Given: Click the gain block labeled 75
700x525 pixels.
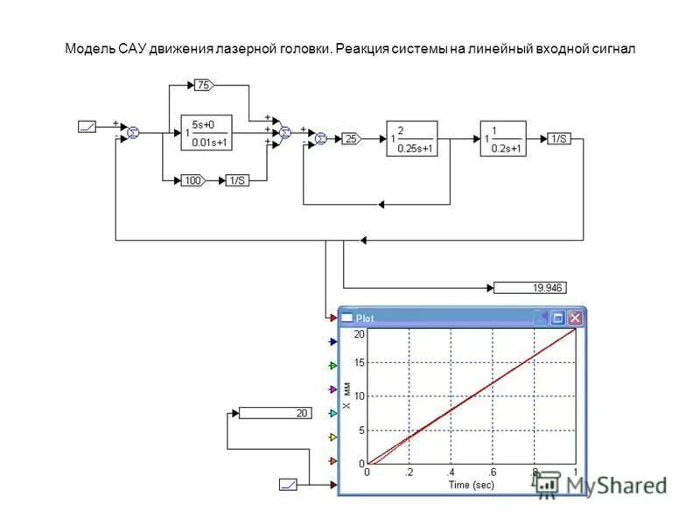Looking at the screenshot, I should [x=203, y=85].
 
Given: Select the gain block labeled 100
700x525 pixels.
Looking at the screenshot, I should [x=192, y=180].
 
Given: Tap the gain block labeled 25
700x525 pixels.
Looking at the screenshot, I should [x=351, y=138].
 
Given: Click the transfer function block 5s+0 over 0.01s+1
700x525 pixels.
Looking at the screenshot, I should [x=209, y=133].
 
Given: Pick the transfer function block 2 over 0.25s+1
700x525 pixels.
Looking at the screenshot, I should [x=411, y=138].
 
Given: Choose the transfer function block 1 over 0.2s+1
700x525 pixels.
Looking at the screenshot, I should [x=502, y=138].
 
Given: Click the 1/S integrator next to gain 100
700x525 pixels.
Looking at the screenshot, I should [x=237, y=180].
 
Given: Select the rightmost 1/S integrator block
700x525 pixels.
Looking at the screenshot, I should [x=558, y=138].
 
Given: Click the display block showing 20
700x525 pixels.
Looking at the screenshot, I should [x=275, y=413].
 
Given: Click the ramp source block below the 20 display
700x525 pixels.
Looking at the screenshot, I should [x=289, y=484].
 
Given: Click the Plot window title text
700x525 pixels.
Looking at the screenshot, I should [x=365, y=318].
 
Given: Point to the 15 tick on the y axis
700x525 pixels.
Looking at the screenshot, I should [x=359, y=363].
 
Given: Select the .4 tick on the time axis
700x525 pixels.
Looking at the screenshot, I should [x=450, y=472].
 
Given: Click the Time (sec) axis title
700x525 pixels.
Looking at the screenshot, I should [x=471, y=485].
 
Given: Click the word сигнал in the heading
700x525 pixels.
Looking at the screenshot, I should [x=610, y=49].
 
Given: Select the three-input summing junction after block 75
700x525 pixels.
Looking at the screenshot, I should [x=284, y=132].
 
